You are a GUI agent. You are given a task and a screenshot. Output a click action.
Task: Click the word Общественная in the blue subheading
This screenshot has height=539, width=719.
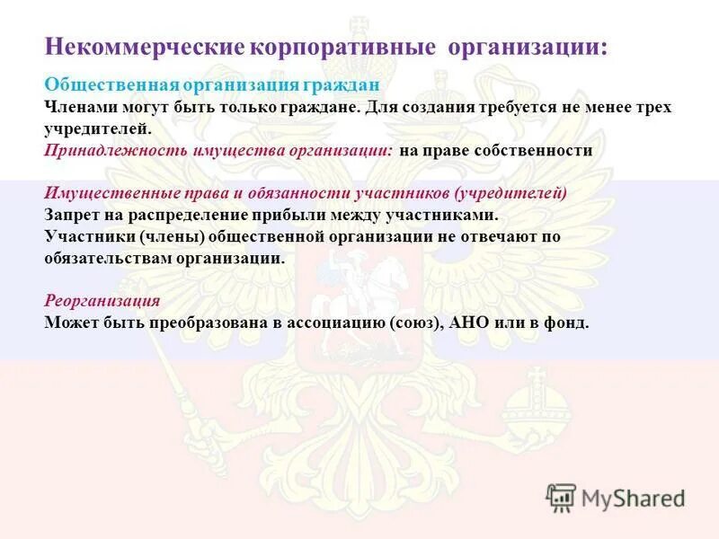pyautogui.click(x=111, y=84)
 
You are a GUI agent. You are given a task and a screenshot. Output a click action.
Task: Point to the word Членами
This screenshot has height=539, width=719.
pyautogui.click(x=78, y=107)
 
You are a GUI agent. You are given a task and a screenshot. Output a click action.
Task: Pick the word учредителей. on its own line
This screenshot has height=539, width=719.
pyautogui.click(x=93, y=128)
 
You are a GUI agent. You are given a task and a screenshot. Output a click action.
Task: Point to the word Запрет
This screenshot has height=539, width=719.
pyautogui.click(x=69, y=215)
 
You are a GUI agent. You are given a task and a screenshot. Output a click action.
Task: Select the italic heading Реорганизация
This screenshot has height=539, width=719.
pyautogui.click(x=102, y=301)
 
